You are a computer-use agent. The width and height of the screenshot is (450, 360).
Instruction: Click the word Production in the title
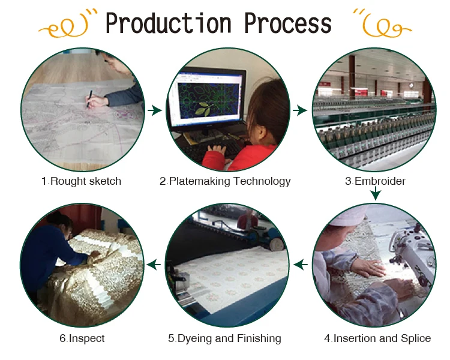point(169,23)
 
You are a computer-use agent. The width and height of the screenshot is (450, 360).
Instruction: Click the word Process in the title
point(288,23)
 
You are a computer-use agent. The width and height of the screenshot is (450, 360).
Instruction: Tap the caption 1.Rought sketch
point(81,181)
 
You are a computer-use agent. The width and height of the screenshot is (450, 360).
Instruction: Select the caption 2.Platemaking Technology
point(225,181)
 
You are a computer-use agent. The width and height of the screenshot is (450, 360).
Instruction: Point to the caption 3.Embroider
point(375,181)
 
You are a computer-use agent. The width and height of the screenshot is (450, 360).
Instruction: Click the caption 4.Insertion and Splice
point(377,338)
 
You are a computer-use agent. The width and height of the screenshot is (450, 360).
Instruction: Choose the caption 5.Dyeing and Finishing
point(225,339)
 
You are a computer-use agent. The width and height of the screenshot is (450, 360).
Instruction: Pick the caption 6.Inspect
point(82,339)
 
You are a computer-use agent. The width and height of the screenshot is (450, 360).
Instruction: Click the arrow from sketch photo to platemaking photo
point(155,110)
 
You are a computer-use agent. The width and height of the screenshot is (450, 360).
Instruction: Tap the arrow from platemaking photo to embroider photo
point(300,110)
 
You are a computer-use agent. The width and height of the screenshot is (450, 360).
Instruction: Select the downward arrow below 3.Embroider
point(376,193)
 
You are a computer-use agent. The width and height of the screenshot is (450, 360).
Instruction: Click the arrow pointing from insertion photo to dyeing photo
point(301,265)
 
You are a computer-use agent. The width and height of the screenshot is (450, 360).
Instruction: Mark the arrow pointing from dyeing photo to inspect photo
point(154,265)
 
